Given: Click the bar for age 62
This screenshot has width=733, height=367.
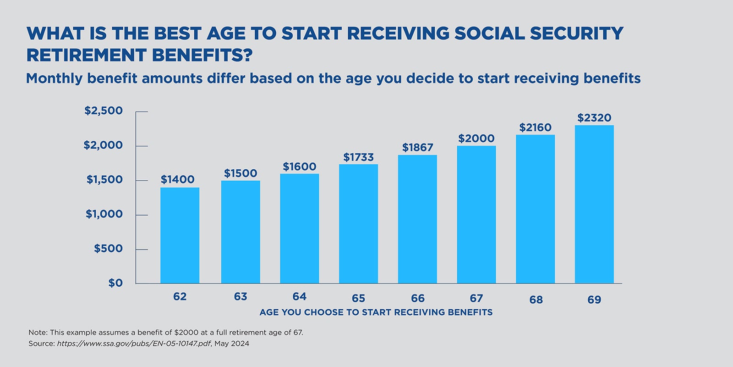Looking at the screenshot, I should (180, 235).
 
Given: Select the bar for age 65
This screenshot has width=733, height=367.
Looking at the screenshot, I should (358, 224).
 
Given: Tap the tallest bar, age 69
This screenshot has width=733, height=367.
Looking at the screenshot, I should (594, 204).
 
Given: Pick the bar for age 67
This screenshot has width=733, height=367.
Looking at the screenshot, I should (476, 215).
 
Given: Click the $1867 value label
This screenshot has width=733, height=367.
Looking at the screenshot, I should (417, 148).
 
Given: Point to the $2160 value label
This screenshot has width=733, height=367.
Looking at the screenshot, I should (535, 128).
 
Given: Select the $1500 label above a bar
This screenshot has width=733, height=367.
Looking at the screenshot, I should (241, 173).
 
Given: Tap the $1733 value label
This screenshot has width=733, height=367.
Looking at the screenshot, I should (358, 157).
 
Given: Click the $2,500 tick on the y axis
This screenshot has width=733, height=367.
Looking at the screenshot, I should (104, 111).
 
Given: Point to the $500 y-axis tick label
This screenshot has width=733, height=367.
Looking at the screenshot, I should (108, 249).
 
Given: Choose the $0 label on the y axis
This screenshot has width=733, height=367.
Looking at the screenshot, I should (115, 283).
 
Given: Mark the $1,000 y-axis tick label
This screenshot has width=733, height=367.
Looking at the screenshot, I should (104, 214).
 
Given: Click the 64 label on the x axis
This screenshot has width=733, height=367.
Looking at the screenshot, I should (299, 297).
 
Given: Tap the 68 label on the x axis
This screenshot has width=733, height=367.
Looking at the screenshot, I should (536, 300).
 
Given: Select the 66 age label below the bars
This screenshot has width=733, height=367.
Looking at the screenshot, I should (417, 299).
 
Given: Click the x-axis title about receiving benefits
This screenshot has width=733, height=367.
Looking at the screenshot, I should (376, 312).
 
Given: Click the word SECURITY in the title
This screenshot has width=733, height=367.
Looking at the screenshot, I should (576, 34).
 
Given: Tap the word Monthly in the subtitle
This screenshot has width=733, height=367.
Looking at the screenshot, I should (55, 78).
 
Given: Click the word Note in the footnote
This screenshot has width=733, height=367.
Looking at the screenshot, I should (37, 333).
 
